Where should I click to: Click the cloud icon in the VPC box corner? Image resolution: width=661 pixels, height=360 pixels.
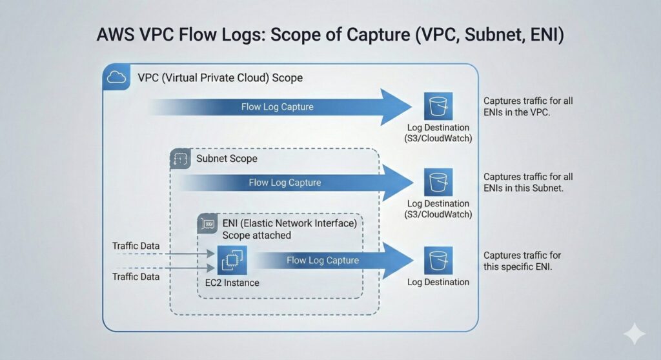(116, 77)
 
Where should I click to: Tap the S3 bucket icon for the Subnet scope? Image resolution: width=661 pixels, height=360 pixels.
(438, 183)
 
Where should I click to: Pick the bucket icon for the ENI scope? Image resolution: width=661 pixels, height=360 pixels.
(438, 261)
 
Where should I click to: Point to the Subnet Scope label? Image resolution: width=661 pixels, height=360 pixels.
(226, 158)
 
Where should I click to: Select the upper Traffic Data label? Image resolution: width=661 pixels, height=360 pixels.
(135, 246)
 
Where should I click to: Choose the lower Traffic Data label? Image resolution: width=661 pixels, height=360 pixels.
(135, 276)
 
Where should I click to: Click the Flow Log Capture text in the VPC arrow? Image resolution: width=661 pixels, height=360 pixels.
(278, 106)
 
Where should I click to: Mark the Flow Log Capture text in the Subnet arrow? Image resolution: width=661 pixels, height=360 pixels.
(285, 183)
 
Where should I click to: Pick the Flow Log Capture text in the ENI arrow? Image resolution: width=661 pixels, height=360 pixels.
(323, 261)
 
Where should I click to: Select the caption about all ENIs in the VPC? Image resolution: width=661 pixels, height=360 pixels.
(528, 106)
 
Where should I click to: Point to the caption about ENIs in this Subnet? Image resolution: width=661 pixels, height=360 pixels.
(528, 183)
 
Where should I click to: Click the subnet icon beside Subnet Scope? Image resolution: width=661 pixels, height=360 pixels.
(180, 159)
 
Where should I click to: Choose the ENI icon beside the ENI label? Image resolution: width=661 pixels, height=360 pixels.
(207, 224)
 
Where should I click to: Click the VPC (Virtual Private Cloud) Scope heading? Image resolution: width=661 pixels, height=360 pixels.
(220, 77)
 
